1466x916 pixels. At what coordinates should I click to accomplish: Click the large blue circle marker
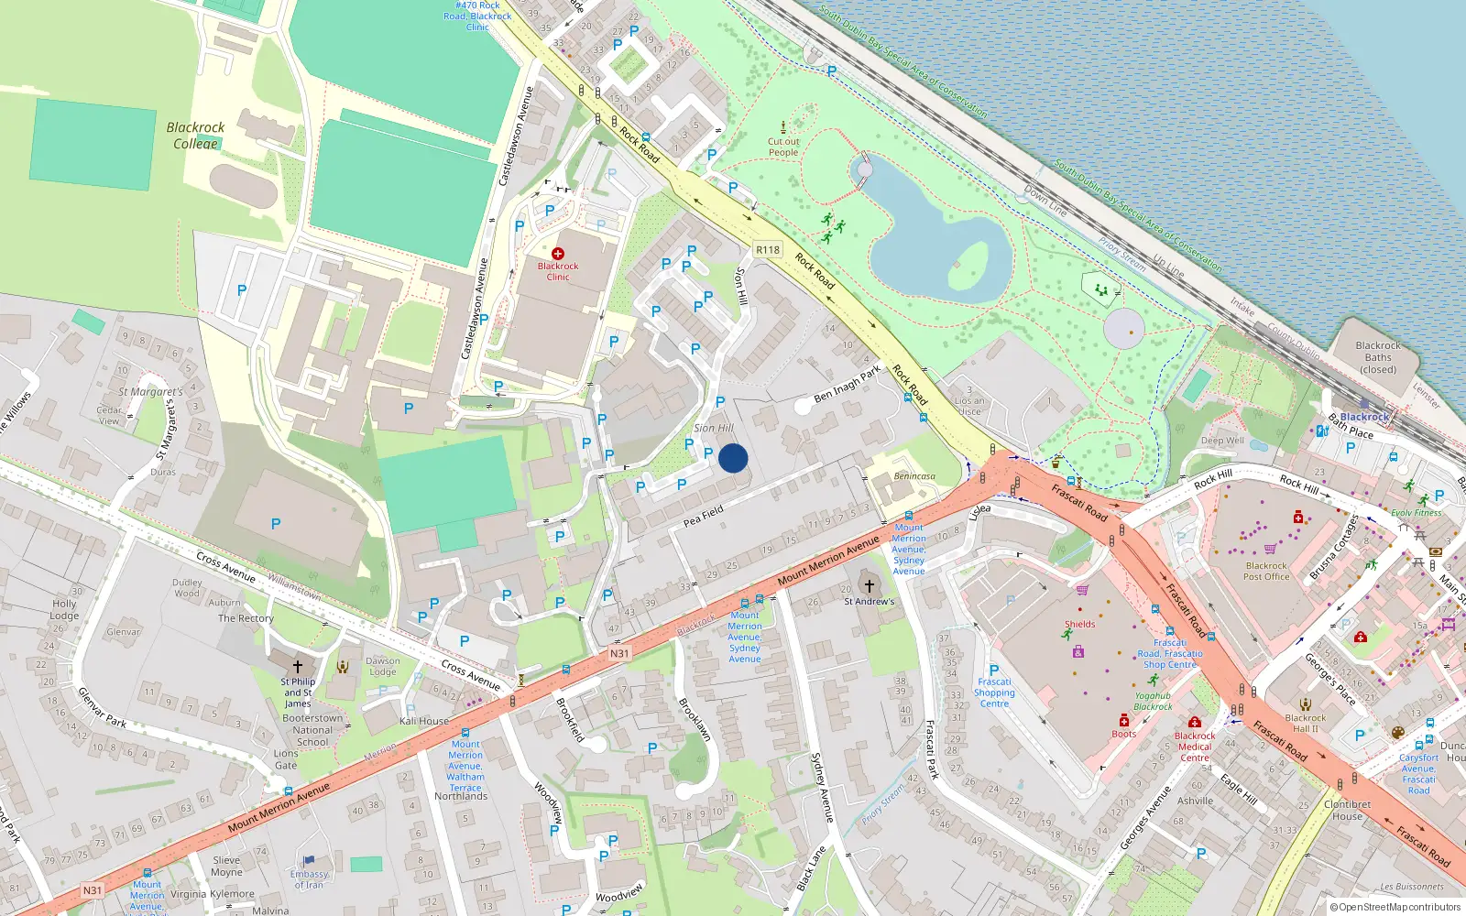[x=733, y=458]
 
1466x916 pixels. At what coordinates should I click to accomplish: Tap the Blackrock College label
[x=195, y=136]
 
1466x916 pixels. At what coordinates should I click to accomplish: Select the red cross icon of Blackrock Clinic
[x=558, y=253]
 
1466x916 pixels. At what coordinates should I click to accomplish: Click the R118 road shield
[x=768, y=249]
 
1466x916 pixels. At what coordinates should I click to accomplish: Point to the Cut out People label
[x=783, y=147]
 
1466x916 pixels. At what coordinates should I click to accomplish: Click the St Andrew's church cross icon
[x=870, y=585]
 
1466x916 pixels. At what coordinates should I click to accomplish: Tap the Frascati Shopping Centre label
[x=994, y=692]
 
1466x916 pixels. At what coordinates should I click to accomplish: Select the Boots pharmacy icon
[x=1124, y=721]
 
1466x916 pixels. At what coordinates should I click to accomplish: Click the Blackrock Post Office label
[x=1266, y=572]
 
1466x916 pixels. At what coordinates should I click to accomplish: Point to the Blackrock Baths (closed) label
[x=1378, y=357]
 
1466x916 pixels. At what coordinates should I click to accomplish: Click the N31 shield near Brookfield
[x=619, y=653]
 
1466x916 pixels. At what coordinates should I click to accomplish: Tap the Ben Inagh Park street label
[x=847, y=383]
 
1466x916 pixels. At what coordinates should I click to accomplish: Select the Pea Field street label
[x=704, y=516]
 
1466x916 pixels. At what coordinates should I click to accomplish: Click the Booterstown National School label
[x=312, y=730]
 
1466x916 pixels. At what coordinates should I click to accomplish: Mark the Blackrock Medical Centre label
[x=1195, y=747]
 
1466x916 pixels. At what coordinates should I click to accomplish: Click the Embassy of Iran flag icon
[x=309, y=860]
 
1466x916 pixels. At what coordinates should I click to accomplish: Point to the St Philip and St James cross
[x=297, y=666]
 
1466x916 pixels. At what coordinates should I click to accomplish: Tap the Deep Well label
[x=1222, y=441]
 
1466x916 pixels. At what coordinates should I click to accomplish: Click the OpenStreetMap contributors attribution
[x=1395, y=907]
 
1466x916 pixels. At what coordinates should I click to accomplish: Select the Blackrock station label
[x=1364, y=417]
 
